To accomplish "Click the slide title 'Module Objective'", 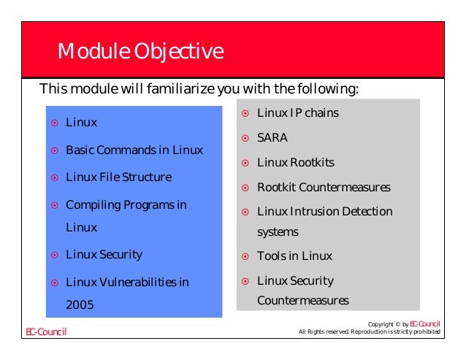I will coord(140,53).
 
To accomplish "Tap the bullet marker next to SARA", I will coord(246,138).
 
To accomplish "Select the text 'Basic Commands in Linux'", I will coord(134,150).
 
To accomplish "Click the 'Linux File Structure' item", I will coord(118,177).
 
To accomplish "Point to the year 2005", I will coord(80,305).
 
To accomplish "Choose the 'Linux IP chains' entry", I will coord(297,113).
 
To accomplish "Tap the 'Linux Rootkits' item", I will coord(295,162).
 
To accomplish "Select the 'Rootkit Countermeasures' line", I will coord(324,188).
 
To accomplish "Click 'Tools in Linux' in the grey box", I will coord(294,256).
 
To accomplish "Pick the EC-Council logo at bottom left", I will coord(47,332).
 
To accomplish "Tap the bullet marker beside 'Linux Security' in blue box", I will coord(54,256).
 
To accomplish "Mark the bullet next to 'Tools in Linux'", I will coord(246,256).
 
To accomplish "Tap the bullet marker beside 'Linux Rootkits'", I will coord(246,163).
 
